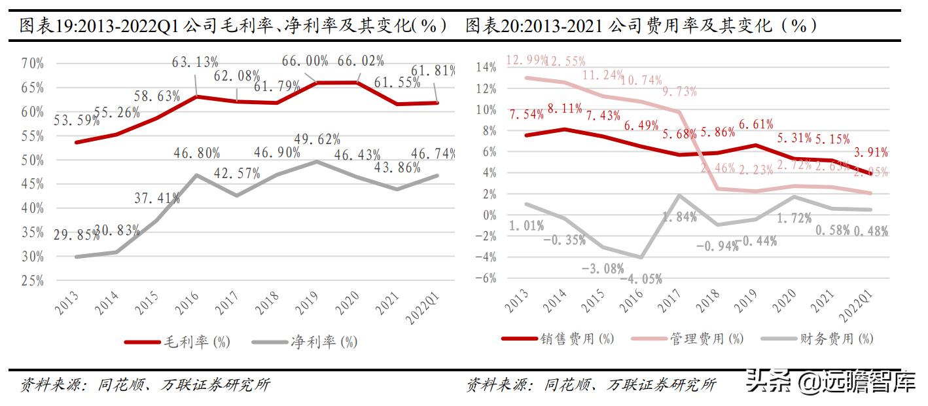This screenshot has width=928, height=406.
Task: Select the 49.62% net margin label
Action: [317, 139]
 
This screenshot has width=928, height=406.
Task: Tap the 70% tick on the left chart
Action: [32, 64]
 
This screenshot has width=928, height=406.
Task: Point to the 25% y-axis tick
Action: [32, 281]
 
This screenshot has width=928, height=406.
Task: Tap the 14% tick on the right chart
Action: [486, 67]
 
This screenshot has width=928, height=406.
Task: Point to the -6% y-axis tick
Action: [485, 278]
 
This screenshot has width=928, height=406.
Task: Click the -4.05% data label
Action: [627, 278]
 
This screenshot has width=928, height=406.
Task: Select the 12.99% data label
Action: [526, 60]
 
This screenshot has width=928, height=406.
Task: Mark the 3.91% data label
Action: [870, 153]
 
